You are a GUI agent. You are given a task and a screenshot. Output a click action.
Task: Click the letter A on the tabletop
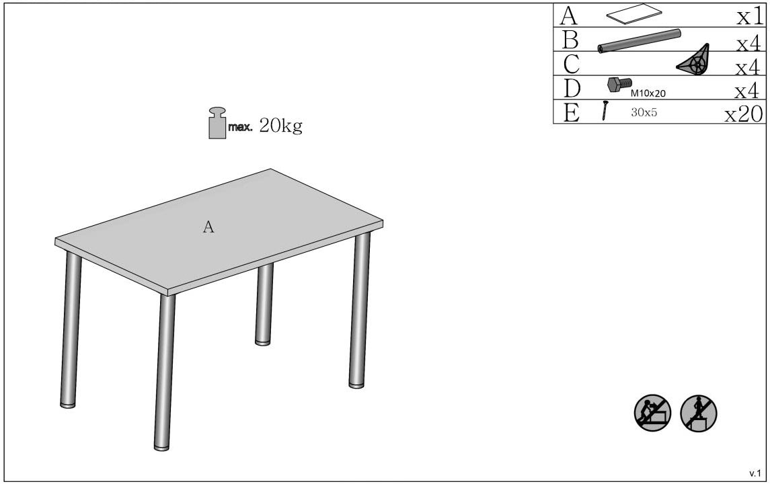208,227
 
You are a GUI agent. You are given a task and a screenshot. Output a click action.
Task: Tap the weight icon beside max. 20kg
217,123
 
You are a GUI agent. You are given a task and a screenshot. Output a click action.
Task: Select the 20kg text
280,126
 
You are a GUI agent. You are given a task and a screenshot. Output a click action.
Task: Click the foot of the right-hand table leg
356,385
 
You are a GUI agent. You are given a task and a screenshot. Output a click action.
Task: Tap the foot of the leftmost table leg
68,405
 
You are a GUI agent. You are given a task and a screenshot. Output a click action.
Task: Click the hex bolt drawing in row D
619,85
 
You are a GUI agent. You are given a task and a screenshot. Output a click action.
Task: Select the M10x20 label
648,93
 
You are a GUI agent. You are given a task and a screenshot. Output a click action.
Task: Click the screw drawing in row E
605,110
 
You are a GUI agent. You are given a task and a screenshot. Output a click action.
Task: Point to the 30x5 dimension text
644,112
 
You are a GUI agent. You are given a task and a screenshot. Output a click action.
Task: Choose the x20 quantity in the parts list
744,114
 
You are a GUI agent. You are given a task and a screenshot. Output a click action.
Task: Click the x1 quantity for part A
750,17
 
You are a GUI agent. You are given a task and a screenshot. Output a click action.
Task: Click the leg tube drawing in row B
640,41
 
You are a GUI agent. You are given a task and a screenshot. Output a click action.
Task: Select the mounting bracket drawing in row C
693,61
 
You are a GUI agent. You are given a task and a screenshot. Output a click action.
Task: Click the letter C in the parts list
571,64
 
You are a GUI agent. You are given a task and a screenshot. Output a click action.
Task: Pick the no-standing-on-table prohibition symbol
698,413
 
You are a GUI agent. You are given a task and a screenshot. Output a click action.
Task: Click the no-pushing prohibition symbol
652,413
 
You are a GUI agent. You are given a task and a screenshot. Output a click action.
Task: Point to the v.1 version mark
755,474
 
